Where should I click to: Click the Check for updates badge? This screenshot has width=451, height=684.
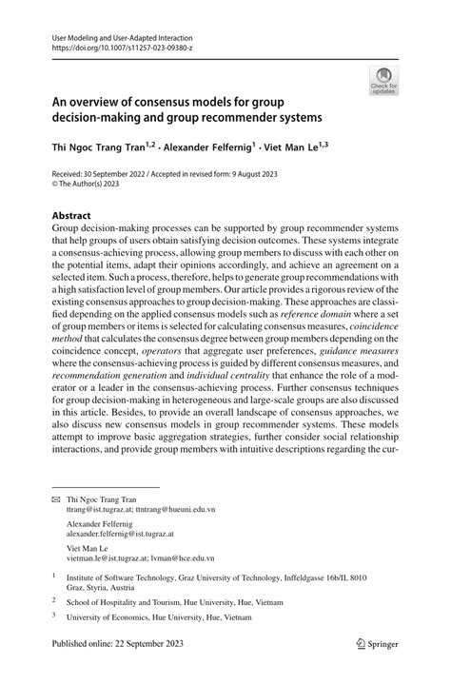click(384, 80)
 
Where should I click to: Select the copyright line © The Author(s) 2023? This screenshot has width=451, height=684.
click(90, 187)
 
